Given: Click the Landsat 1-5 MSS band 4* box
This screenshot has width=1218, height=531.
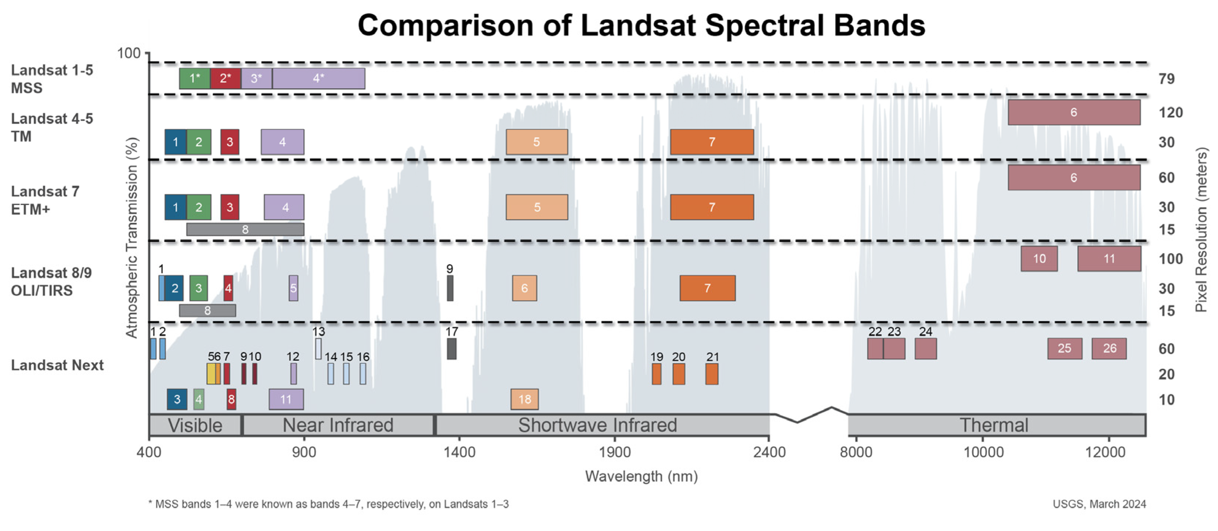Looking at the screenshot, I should [318, 78].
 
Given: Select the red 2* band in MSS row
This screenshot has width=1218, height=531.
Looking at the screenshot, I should [226, 78].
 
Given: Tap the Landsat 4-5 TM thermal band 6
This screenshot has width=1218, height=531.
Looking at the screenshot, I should [1074, 112].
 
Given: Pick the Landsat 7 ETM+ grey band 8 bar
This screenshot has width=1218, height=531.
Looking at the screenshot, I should [245, 229].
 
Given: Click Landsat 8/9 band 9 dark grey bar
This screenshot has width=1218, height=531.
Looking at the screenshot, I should [450, 288].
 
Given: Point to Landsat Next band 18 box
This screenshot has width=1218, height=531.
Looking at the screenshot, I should [524, 399].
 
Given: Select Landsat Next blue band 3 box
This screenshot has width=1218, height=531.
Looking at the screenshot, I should [177, 399].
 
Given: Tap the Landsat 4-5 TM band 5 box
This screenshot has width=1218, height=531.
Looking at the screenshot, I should [537, 142].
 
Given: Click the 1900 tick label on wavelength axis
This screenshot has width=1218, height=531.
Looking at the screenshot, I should [615, 452].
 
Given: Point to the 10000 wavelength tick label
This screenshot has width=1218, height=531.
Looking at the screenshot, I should [984, 452].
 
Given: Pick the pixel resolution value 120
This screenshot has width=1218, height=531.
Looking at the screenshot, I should [1170, 112].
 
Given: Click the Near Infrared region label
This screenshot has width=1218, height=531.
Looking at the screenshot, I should [338, 425].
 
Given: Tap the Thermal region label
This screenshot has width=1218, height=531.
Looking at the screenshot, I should [994, 425].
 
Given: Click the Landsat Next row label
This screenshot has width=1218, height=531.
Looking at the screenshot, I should [57, 365].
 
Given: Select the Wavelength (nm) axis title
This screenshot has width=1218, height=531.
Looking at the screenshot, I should [641, 476].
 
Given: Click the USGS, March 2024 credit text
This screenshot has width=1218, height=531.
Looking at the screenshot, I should [1099, 504].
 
